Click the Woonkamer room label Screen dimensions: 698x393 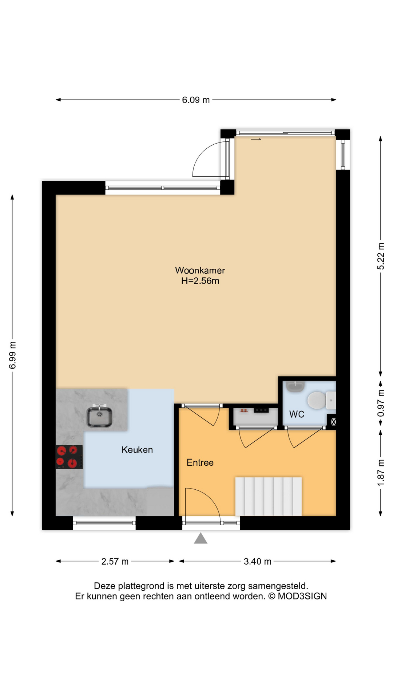[200, 270]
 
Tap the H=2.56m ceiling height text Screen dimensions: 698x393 [200, 281]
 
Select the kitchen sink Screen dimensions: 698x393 [99, 417]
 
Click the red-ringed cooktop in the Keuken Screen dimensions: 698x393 [69, 457]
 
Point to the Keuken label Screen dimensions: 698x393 [137, 450]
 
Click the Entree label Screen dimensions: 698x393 [200, 462]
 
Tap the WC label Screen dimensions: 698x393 [297, 414]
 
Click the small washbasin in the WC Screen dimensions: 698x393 [295, 386]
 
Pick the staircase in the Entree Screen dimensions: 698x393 [268, 496]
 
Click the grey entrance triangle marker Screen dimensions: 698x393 [201, 538]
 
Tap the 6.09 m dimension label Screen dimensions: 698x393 [196, 100]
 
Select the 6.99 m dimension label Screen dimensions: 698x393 [13, 355]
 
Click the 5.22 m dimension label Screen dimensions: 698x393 [381, 256]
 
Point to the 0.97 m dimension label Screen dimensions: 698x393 [381, 403]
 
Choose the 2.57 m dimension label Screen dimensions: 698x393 [115, 561]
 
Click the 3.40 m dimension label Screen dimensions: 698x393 [257, 561]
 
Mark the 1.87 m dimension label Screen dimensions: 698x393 [381, 473]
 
